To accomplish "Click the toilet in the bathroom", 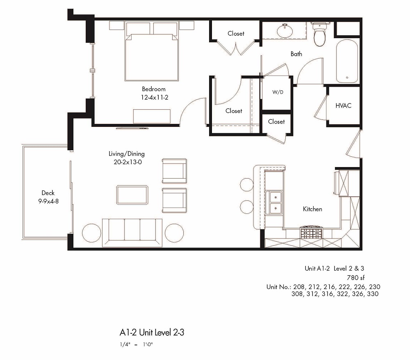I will (x=319, y=35).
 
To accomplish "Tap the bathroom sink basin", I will (x=283, y=30).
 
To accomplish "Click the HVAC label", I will (x=343, y=105).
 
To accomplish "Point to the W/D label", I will (x=278, y=92).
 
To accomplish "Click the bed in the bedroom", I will (x=153, y=53).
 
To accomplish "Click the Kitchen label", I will (x=312, y=209).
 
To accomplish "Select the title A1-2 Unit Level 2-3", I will (x=152, y=332).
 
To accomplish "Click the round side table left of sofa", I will (x=92, y=233).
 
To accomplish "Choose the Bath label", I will (x=296, y=54).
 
